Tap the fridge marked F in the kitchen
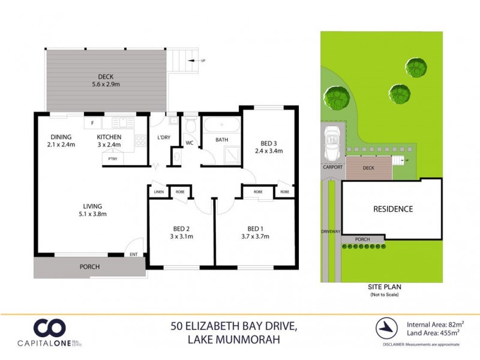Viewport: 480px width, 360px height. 92,124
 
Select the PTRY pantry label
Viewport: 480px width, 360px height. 112,158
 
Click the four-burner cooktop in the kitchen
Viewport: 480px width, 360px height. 141,142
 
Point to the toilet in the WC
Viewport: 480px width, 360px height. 190,126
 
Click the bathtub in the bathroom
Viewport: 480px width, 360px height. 221,127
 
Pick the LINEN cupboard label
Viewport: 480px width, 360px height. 159,192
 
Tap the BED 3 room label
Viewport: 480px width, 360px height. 269,147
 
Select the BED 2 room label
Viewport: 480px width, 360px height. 179,232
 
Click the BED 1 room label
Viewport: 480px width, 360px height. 255,232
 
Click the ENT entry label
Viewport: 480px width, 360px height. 134,254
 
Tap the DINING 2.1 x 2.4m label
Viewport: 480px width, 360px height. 61,140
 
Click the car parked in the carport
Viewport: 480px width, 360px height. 331,143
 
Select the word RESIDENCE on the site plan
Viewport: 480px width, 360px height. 393,209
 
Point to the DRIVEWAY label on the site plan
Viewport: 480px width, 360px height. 331,230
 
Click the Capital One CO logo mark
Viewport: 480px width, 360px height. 49,328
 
